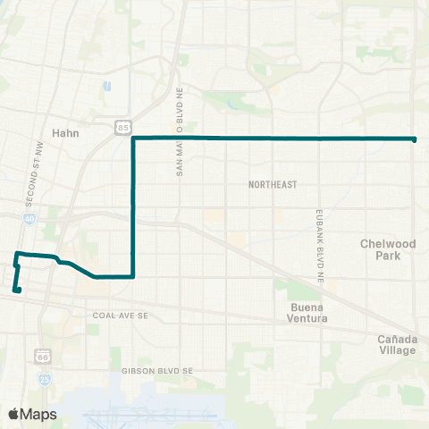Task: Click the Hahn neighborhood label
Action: click(66, 131)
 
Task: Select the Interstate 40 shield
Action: click(30, 217)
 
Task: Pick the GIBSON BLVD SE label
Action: click(157, 370)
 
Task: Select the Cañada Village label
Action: click(397, 344)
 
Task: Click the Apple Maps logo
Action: click(33, 414)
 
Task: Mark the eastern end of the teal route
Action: click(415, 139)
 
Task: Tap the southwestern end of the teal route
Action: click(15, 290)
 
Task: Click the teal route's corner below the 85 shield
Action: click(133, 139)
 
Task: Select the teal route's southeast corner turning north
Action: click(133, 276)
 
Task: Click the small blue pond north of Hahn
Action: click(107, 87)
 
